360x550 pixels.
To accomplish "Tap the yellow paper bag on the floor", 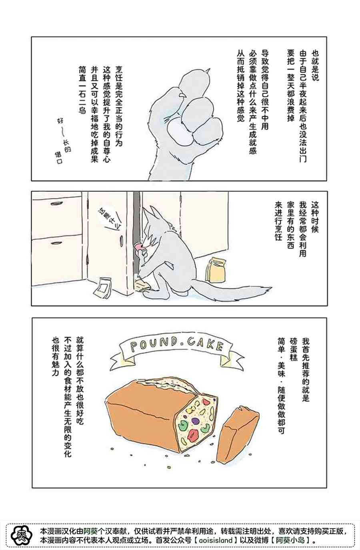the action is [216, 269].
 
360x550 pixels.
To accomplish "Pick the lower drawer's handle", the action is [56, 243].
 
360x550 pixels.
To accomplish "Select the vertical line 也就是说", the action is [315, 65].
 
